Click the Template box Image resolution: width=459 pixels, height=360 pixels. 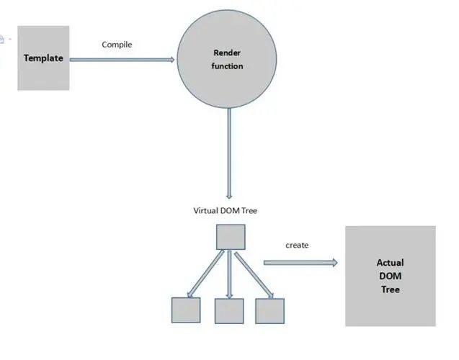pos(43,58)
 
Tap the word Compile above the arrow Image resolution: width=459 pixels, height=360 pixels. pos(117,45)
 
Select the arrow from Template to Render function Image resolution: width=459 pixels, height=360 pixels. pos(122,60)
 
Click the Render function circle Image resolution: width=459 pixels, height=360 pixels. pos(227,59)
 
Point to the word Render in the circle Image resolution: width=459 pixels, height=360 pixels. pos(227,53)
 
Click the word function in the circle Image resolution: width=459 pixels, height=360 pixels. pos(227,66)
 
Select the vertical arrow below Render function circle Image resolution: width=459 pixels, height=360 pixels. pos(229,153)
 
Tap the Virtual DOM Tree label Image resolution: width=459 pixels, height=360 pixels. pos(225,210)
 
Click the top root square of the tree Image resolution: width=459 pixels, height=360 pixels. pos(231,237)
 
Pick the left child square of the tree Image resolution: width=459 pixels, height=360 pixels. pos(186,310)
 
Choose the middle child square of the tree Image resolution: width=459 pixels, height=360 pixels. pos(229,311)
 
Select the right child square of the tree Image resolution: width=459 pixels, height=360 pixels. pos(269,311)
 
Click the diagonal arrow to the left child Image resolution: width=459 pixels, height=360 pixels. pos(206,274)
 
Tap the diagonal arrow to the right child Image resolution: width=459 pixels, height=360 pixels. pos(254,276)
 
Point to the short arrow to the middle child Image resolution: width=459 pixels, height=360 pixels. pos(229,274)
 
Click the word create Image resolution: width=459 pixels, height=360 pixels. pos(297,245)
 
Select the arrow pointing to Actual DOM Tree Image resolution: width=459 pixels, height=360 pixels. pos(300,263)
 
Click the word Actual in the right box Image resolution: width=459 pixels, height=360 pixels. pos(391,263)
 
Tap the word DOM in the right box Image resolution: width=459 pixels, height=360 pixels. pos(391,276)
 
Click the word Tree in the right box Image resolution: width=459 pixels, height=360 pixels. pos(391,289)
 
